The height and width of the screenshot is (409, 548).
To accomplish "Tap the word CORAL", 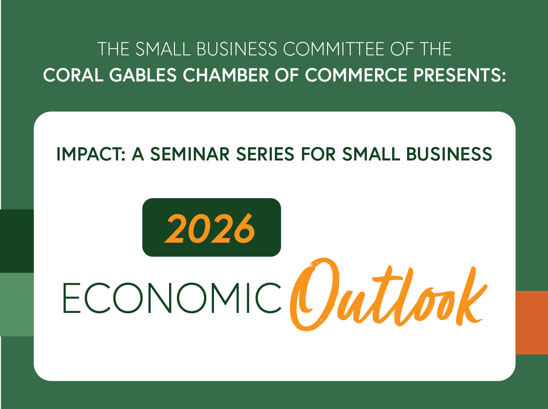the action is click(73, 75).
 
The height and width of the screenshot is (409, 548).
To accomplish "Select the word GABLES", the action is click(143, 75).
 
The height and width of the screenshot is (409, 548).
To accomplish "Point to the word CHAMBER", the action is click(226, 75).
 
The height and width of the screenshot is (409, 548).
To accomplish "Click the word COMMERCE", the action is click(356, 75).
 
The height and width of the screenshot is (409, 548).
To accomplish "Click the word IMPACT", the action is click(91, 154).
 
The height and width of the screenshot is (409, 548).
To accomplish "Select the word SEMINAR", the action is click(190, 154).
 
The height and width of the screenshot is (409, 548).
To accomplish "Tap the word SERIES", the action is click(265, 154).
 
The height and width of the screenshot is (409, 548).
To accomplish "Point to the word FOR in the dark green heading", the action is click(318, 154).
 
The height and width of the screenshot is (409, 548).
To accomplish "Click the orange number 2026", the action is click(210, 228).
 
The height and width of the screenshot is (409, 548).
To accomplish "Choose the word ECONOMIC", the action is click(172, 298).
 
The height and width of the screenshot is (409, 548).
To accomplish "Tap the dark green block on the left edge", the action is click(17, 241).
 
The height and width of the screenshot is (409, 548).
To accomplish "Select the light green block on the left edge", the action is click(17, 304).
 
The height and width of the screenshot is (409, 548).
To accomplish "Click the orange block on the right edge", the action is click(532, 323).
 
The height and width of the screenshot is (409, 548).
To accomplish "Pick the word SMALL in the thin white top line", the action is click(163, 49).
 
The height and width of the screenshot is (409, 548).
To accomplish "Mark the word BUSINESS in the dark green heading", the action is click(449, 154).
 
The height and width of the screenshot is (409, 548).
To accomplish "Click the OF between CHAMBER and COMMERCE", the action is click(287, 75).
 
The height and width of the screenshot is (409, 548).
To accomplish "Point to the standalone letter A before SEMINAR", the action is click(138, 154).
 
